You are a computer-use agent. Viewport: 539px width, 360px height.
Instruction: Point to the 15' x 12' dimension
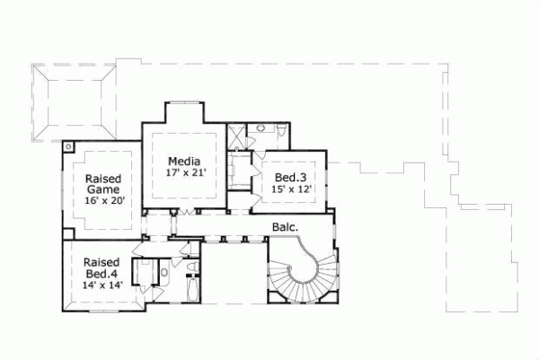click(291, 189)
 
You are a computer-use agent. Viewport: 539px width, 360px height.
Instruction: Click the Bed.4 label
click(102, 273)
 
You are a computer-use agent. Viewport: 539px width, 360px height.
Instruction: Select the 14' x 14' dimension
click(102, 285)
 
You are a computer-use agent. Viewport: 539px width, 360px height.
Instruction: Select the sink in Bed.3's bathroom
click(260, 129)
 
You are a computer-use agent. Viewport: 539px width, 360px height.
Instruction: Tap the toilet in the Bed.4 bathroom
click(164, 270)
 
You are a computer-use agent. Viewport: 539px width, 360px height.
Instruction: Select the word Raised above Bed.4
click(102, 261)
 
